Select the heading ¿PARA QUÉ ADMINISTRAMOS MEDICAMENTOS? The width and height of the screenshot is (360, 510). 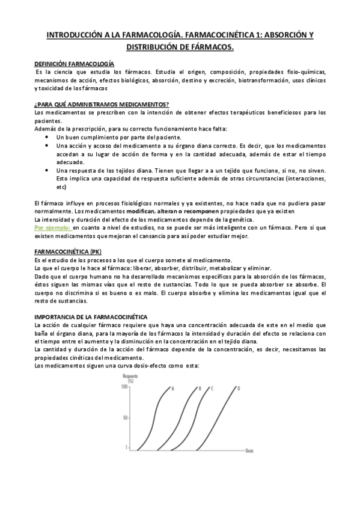point(102,104)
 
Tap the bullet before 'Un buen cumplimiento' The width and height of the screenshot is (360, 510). point(47,137)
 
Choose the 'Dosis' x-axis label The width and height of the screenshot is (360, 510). point(249,450)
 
